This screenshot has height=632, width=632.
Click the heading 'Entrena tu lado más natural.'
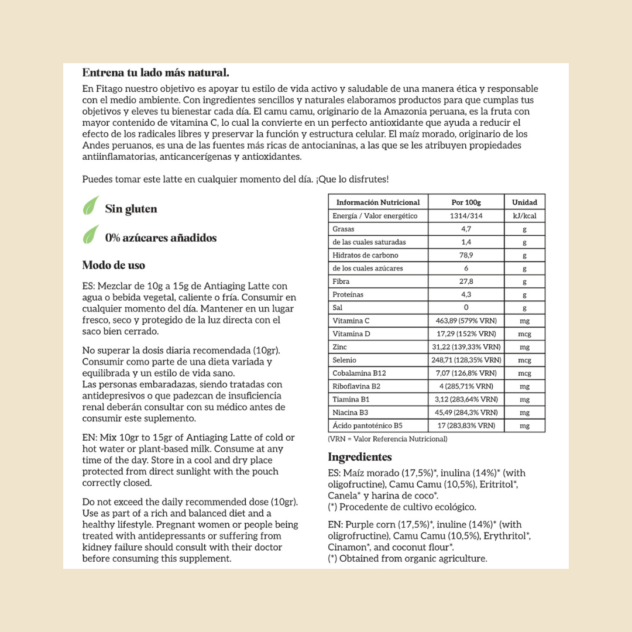pyautogui.click(x=155, y=73)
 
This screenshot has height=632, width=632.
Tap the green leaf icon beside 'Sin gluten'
pyautogui.click(x=90, y=206)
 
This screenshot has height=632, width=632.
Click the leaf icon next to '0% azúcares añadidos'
pyautogui.click(x=90, y=235)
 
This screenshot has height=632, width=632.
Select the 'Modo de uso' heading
pyautogui.click(x=114, y=265)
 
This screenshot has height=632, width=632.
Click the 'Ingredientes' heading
pyautogui.click(x=359, y=457)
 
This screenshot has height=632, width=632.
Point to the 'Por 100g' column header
pyautogui.click(x=466, y=202)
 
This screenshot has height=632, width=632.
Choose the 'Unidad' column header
pyautogui.click(x=524, y=202)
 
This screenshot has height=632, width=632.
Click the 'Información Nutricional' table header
pyautogui.click(x=378, y=202)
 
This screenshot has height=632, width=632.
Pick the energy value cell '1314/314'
pyautogui.click(x=466, y=216)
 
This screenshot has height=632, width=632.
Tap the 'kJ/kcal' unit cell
pyautogui.click(x=524, y=216)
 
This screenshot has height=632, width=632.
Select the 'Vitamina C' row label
pyautogui.click(x=351, y=321)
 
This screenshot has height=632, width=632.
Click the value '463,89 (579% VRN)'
pyautogui.click(x=466, y=321)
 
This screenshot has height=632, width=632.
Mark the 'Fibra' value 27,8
pyautogui.click(x=466, y=281)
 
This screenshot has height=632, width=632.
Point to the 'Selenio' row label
pyautogui.click(x=344, y=360)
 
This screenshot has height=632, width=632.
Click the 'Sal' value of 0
pyautogui.click(x=466, y=307)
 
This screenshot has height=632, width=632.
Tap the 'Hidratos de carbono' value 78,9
pyautogui.click(x=466, y=255)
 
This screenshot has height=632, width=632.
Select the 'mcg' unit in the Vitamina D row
pyautogui.click(x=524, y=334)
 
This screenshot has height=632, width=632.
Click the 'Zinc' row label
pyautogui.click(x=341, y=347)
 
